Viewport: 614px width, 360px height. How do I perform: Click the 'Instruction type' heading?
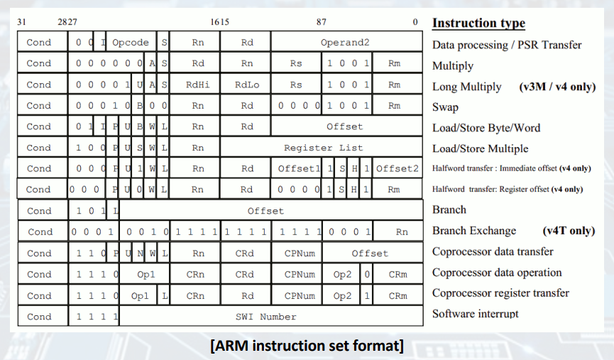click(x=478, y=23)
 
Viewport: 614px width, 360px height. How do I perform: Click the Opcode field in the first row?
click(x=131, y=43)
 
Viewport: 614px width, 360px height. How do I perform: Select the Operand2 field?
click(x=345, y=43)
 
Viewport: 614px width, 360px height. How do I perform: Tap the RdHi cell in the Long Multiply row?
click(x=197, y=84)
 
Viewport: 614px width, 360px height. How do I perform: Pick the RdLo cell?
click(x=247, y=84)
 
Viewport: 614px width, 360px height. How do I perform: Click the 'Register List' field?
click(x=323, y=148)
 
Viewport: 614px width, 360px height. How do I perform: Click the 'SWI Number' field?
click(x=266, y=317)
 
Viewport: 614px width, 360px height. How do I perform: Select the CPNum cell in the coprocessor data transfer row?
click(x=300, y=253)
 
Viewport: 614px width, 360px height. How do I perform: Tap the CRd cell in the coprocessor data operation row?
click(x=245, y=274)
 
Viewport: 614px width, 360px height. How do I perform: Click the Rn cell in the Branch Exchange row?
click(x=402, y=231)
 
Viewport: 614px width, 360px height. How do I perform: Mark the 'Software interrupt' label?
click(x=476, y=313)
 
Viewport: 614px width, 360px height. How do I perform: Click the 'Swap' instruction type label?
click(x=445, y=107)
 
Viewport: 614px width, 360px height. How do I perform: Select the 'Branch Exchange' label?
click(x=474, y=231)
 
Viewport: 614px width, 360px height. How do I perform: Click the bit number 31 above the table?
click(x=21, y=22)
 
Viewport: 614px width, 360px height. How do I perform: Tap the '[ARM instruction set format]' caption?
click(x=307, y=346)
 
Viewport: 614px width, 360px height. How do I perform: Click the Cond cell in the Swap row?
click(x=39, y=106)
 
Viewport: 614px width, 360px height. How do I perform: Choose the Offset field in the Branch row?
click(x=265, y=211)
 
